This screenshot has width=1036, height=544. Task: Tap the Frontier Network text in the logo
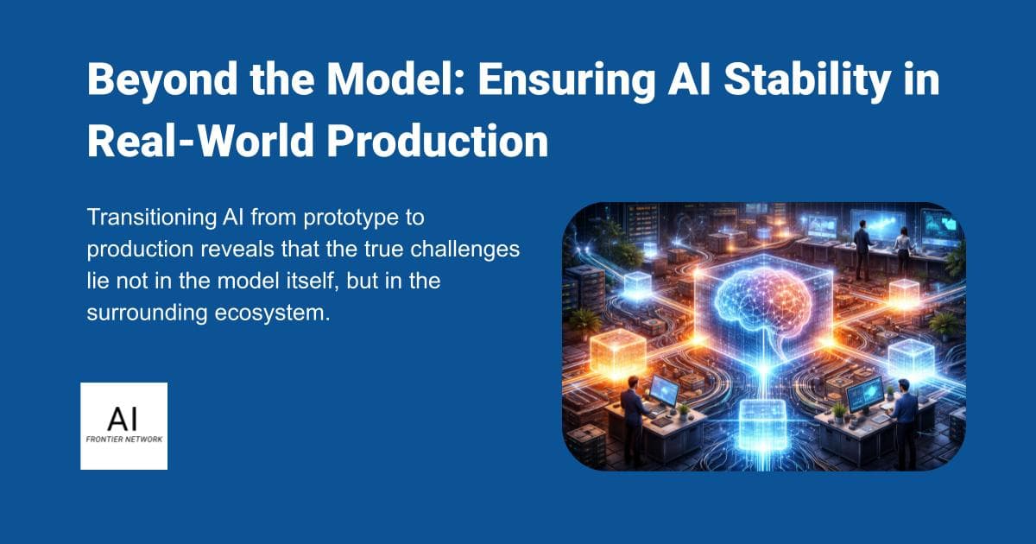click(x=123, y=439)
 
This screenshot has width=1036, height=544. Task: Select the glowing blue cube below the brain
click(x=763, y=422)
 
